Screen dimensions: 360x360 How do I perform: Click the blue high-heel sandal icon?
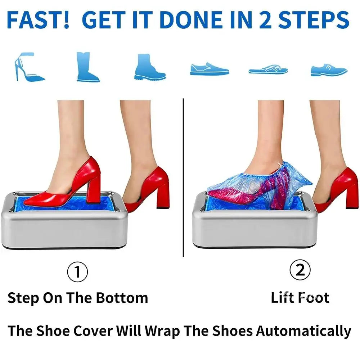[x=29, y=68]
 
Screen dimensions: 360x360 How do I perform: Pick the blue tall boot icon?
[x=87, y=67]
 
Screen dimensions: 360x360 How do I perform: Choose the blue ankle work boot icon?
[x=149, y=67]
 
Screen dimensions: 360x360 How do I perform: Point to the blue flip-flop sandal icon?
[x=268, y=69]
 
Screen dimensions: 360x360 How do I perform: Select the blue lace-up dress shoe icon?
[x=329, y=69]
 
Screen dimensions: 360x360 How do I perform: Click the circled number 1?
[x=77, y=272]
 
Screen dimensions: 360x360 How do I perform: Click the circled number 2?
[x=300, y=270]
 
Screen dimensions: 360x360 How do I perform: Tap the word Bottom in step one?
[x=122, y=298]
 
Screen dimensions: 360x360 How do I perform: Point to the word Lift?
[x=283, y=298]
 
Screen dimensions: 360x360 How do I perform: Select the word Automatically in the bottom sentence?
[x=303, y=330]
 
